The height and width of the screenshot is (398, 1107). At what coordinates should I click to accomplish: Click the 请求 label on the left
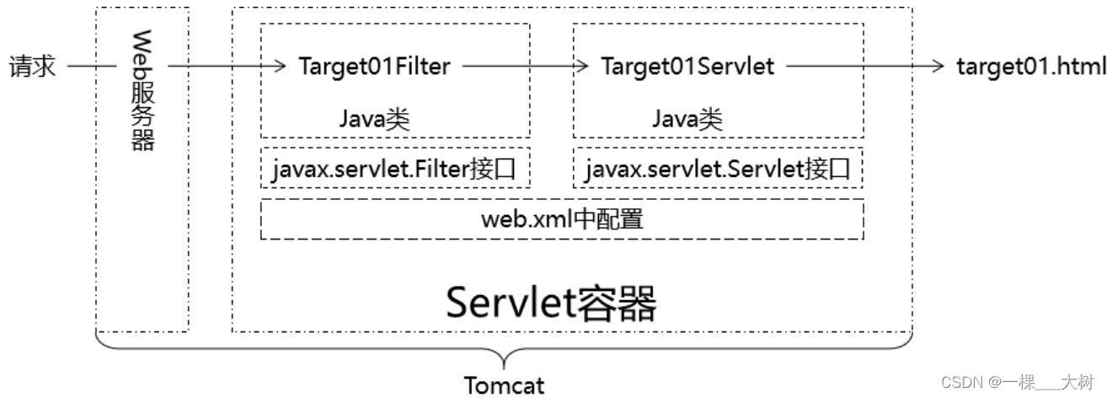32,67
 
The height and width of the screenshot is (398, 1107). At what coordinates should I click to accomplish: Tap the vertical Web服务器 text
142,90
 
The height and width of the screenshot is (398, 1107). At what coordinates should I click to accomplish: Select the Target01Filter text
374,67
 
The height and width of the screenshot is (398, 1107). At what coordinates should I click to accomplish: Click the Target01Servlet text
687,67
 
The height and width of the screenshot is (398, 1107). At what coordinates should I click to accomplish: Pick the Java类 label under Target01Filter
374,118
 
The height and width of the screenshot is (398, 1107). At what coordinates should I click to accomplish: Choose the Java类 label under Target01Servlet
687,118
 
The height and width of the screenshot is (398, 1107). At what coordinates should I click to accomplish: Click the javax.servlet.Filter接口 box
395,170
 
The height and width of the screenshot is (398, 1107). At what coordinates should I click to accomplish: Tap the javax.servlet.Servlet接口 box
718,170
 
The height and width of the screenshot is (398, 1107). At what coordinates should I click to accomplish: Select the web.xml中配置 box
562,219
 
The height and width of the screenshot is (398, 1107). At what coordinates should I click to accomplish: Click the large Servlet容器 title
551,301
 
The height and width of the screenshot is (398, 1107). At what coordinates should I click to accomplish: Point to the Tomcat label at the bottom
505,385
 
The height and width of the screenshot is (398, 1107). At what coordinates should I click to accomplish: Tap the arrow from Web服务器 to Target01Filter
224,66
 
